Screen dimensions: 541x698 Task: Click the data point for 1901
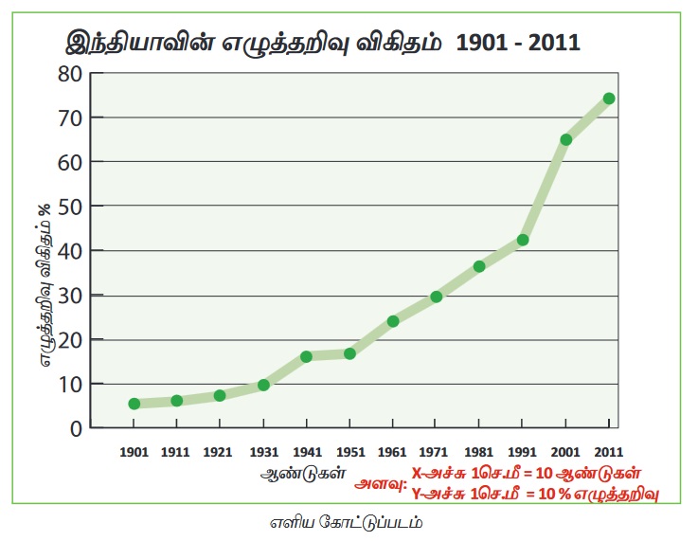coord(134,404)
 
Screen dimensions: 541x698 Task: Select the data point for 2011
coord(609,99)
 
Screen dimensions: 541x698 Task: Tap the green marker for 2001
coord(566,139)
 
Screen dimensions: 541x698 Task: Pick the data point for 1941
coord(307,356)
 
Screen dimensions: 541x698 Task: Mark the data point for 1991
coord(523,240)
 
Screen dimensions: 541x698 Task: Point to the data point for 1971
coord(437,297)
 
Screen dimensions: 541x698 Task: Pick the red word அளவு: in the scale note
coord(381,483)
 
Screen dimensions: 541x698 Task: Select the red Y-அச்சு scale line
coord(534,493)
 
